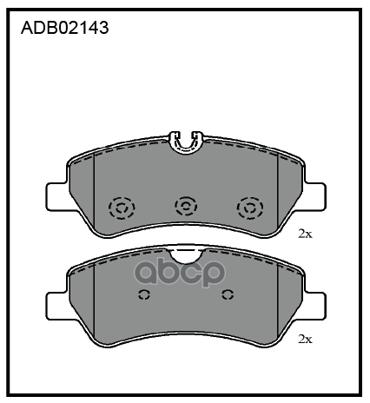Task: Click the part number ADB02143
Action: point(65,28)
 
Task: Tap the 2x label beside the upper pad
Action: point(306,234)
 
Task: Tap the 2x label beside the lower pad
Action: point(306,339)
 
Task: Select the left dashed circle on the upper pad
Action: point(122,208)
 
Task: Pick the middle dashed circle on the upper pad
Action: point(186,206)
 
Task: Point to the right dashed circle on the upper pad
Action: point(250,208)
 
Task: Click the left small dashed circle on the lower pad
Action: point(144,294)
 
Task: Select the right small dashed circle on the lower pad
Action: point(228,294)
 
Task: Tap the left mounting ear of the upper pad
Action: point(57,196)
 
